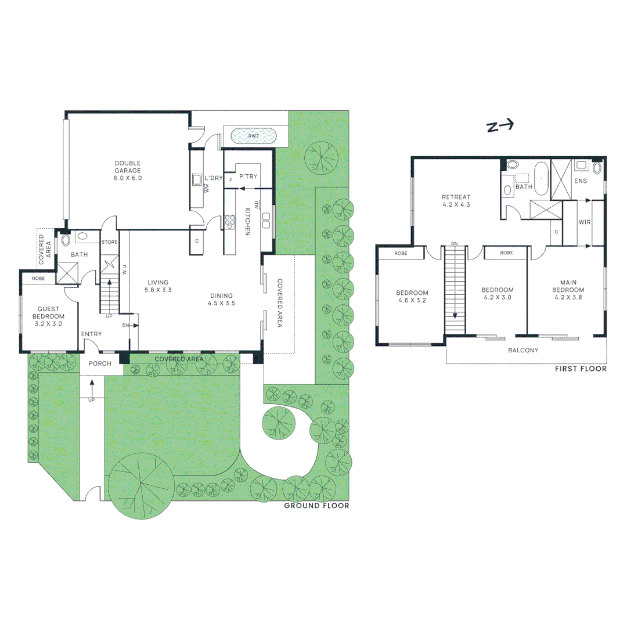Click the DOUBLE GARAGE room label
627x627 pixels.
tap(128, 171)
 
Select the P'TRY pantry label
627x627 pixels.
tap(248, 176)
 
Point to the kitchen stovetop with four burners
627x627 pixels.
tap(229, 221)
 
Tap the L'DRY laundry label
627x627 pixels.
tap(212, 178)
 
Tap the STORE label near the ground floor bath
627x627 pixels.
tap(109, 242)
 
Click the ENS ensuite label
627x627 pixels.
tap(580, 181)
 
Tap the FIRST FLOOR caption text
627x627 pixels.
tap(581, 369)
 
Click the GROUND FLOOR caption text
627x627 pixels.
tap(316, 506)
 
